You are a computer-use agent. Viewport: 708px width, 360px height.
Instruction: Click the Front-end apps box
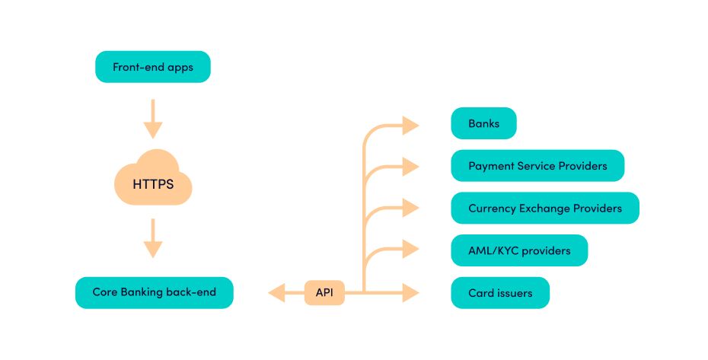tap(152, 67)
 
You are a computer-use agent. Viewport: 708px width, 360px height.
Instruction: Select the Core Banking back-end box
tap(154, 292)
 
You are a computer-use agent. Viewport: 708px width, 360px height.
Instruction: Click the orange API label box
tap(324, 292)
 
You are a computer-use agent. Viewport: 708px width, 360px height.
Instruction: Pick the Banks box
tap(483, 123)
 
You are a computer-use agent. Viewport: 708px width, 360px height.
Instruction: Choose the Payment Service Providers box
tap(537, 166)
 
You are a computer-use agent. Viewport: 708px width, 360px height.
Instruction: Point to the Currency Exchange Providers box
tap(544, 208)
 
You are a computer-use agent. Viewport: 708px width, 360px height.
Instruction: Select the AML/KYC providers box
tap(519, 250)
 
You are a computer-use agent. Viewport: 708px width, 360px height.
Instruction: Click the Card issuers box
tap(499, 292)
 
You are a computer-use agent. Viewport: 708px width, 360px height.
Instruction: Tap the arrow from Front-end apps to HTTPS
tap(153, 118)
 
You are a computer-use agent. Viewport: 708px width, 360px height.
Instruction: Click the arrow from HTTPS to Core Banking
tap(153, 238)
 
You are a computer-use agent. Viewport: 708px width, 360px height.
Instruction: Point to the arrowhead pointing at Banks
tap(410, 125)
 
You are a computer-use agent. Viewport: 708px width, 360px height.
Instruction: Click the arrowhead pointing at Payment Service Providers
tap(410, 166)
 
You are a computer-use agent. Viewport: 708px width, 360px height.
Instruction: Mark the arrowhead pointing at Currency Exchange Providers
tap(410, 208)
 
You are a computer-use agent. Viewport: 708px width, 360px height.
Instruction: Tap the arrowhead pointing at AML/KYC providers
tap(410, 250)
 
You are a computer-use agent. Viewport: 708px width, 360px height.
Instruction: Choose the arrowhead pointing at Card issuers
tap(410, 292)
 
